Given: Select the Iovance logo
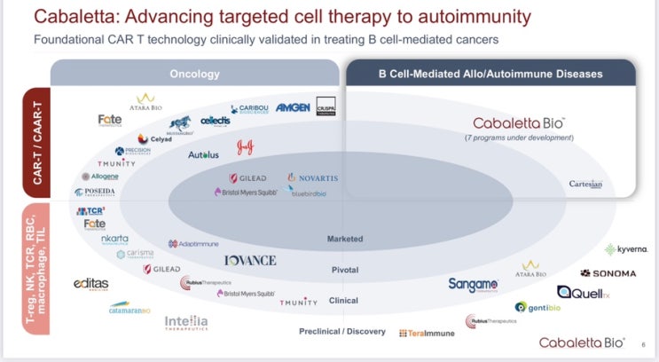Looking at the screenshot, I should pyautogui.click(x=250, y=260).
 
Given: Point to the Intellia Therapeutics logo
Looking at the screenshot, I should pyautogui.click(x=186, y=324).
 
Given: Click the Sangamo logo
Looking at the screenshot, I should pyautogui.click(x=473, y=284).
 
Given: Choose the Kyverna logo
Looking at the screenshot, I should pyautogui.click(x=624, y=250).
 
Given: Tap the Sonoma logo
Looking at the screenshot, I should pyautogui.click(x=608, y=273).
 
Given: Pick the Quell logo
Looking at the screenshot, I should pyautogui.click(x=581, y=292).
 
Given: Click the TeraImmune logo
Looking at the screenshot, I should pyautogui.click(x=427, y=333).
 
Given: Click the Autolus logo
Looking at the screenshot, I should pyautogui.click(x=203, y=154).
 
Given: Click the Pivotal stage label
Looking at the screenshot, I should pyautogui.click(x=344, y=270).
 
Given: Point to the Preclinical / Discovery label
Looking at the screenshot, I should pyautogui.click(x=342, y=331).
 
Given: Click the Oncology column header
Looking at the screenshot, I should pyautogui.click(x=194, y=74).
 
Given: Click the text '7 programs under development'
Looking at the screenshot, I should pyautogui.click(x=519, y=138).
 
